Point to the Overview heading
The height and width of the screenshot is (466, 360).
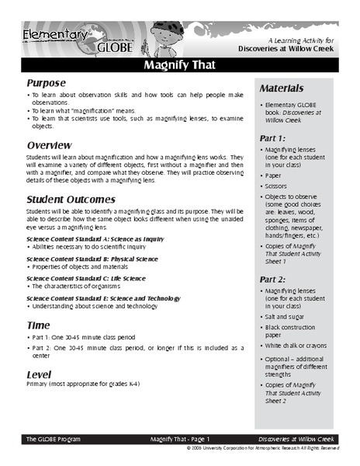click(x=50, y=145)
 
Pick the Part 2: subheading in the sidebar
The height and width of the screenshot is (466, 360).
click(x=277, y=278)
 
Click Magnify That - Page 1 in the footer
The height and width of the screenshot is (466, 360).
click(x=180, y=439)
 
